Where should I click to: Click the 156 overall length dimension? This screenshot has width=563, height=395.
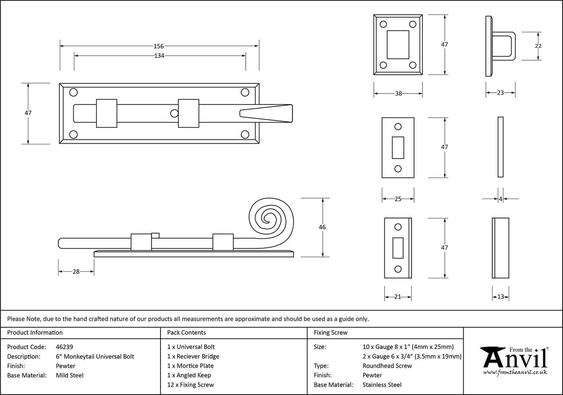coord(159,46)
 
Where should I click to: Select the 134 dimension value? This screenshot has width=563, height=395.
coord(159,56)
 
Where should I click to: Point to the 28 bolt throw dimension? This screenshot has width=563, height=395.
coord(76,272)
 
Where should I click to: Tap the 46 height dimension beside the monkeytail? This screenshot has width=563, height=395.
coord(322,227)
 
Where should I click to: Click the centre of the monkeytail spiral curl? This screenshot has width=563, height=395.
coord(269,217)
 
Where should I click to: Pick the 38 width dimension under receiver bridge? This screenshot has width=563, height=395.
coord(398,93)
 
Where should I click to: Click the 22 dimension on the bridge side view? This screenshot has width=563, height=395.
coord(538,46)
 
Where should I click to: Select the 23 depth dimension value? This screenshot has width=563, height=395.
coord(500,93)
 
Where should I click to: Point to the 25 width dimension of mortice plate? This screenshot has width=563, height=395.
coord(397,199)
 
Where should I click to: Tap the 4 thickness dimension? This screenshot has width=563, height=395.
coord(500,199)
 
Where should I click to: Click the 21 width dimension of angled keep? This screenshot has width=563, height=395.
coord(397,297)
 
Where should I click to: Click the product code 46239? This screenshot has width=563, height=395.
coord(64,347)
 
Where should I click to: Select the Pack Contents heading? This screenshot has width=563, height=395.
coord(186,332)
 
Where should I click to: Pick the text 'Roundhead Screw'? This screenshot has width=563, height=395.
coord(387,366)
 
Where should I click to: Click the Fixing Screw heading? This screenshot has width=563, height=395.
coord(331,332)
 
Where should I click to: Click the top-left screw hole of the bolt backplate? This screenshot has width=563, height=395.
coord(73,93)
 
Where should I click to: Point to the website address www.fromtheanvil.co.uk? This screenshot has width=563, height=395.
coord(515,372)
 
